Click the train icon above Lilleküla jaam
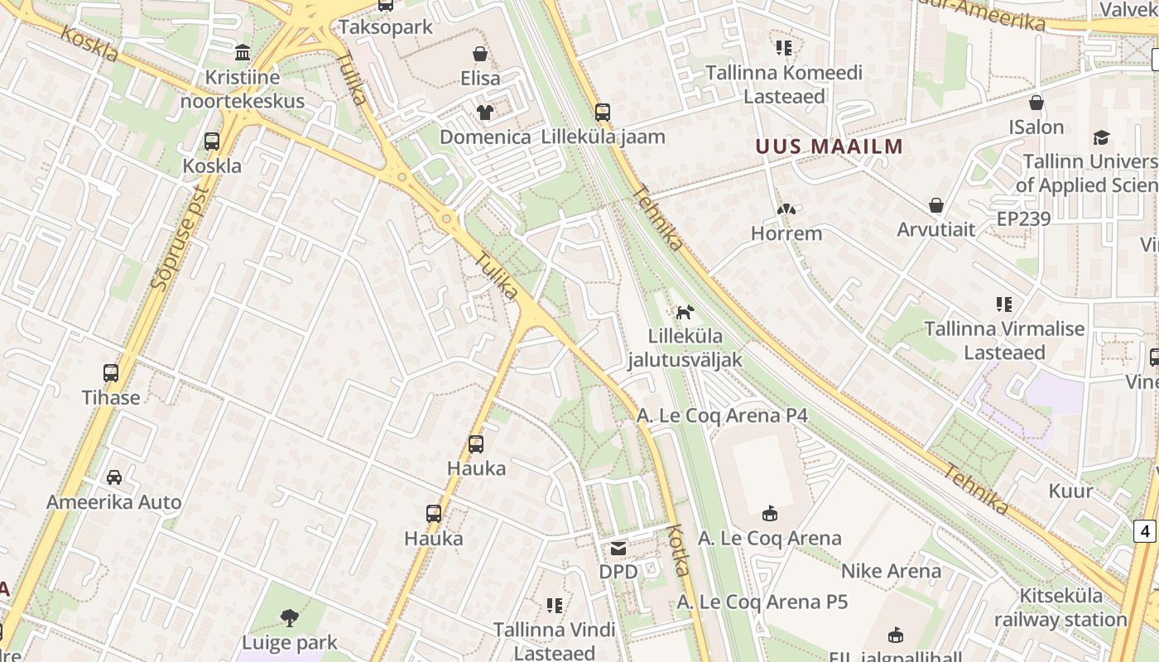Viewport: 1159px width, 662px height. tap(602, 113)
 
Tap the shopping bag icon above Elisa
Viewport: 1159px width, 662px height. tap(480, 55)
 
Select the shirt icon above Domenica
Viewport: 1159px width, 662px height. tap(484, 113)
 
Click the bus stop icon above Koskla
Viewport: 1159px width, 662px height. tap(212, 142)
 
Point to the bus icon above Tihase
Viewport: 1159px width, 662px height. tap(111, 373)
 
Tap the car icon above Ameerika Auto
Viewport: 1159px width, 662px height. tap(114, 477)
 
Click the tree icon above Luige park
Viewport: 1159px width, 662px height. tap(289, 617)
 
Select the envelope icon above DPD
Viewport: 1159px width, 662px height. tap(618, 548)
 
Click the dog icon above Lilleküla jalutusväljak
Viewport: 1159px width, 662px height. tap(685, 312)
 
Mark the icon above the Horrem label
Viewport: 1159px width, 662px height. tap(786, 210)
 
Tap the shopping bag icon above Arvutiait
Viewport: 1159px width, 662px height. tap(936, 205)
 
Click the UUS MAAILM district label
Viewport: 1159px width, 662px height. tap(829, 146)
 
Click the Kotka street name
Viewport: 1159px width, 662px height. tap(679, 549)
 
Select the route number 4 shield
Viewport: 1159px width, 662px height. tap(1145, 530)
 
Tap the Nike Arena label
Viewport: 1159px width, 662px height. tap(891, 571)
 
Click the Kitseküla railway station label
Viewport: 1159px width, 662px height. tap(1060, 607)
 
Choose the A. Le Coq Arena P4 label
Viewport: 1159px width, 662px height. tap(723, 415)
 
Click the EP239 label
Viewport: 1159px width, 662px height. tap(1023, 218)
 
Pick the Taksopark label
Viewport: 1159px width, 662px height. tap(386, 26)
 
